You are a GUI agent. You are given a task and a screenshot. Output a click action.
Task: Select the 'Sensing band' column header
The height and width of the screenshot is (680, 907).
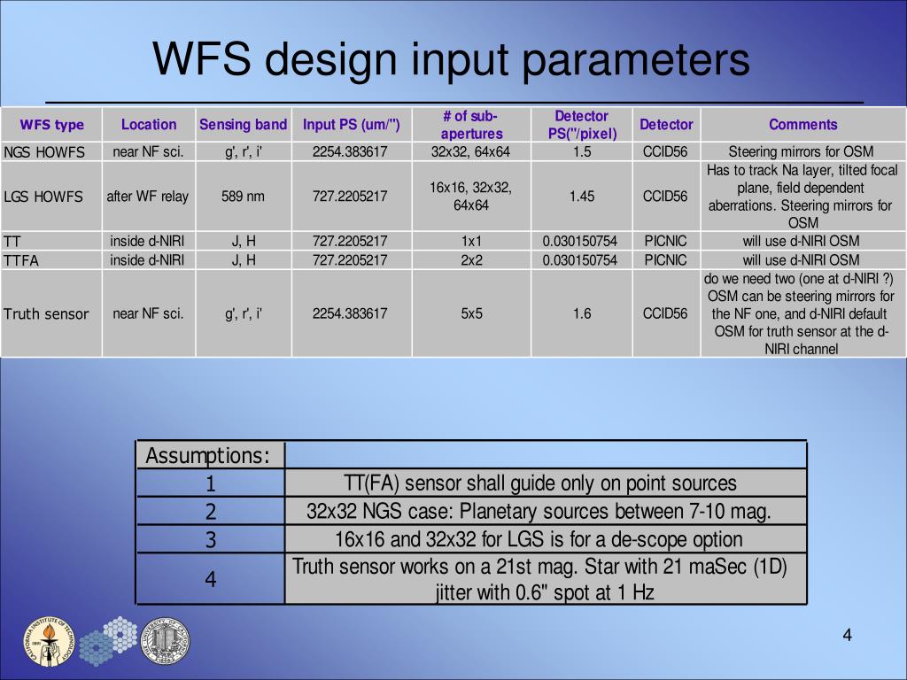[x=243, y=125]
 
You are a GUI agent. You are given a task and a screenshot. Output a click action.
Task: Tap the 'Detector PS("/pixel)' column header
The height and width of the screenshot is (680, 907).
[x=582, y=125]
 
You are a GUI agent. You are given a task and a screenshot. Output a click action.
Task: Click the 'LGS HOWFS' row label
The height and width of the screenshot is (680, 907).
[x=43, y=197]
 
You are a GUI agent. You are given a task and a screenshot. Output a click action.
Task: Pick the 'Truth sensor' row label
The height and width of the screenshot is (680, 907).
[x=46, y=313]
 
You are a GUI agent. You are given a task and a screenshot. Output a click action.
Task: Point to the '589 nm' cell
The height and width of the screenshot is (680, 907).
[x=243, y=197]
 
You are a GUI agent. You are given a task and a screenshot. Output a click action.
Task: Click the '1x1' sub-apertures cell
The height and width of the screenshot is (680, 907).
[x=471, y=241]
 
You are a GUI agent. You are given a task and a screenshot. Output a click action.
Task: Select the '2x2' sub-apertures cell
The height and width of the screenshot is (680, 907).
[x=471, y=260]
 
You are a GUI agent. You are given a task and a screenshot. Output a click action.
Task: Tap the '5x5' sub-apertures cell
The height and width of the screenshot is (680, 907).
[x=471, y=313]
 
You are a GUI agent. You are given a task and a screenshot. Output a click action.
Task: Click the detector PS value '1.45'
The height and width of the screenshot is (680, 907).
[x=582, y=197]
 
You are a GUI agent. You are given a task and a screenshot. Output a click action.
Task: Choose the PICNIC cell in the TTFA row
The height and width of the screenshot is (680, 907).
[x=665, y=260]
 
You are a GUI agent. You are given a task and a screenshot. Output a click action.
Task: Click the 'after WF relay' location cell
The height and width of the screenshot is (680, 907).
[x=148, y=197]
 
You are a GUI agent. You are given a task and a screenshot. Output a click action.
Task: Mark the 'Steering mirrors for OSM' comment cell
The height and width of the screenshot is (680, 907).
[x=801, y=151]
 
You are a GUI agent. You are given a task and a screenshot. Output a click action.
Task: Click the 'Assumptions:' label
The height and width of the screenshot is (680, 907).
[x=208, y=456]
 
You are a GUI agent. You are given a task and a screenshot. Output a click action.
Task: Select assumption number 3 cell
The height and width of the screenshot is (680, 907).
[x=211, y=539]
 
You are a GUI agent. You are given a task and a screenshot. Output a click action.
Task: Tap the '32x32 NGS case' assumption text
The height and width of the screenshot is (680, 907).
[x=539, y=511]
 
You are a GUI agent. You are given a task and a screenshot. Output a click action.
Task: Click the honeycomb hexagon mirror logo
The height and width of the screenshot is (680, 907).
[x=108, y=640]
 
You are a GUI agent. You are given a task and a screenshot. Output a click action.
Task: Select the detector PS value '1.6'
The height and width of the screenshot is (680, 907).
[x=582, y=313]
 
